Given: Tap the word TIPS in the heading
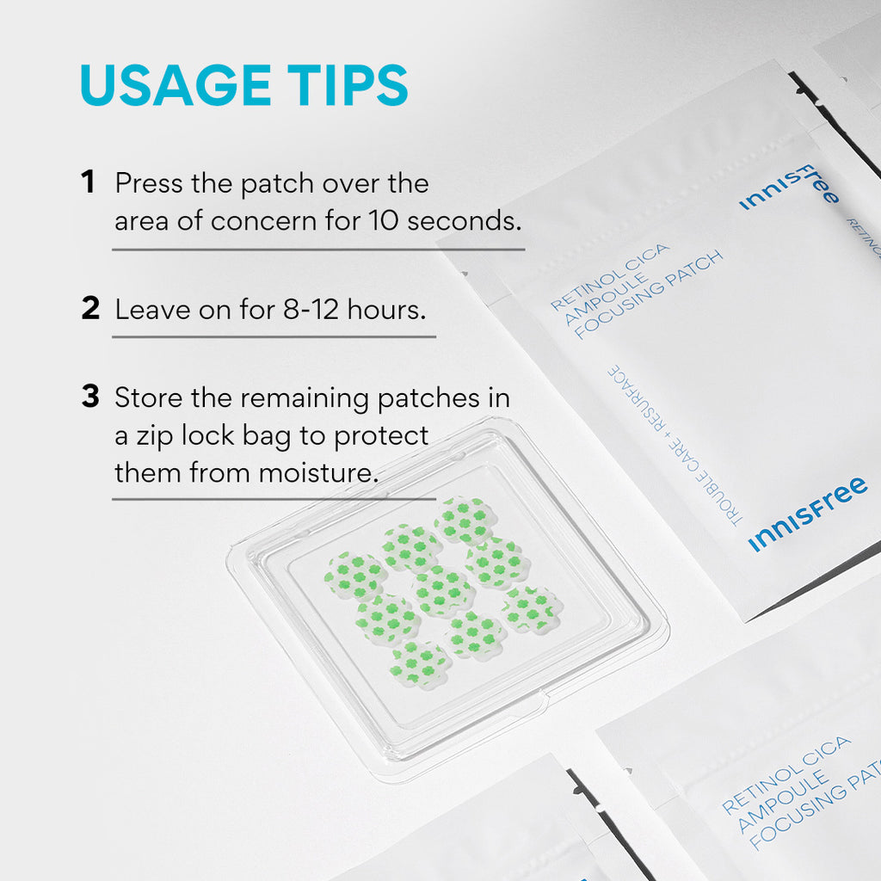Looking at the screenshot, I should click(351, 85).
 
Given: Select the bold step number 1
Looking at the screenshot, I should click(87, 182).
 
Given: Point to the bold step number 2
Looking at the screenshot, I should click(90, 309).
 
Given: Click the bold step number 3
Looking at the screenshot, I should click(90, 397).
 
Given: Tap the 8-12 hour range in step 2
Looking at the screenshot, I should click(311, 309).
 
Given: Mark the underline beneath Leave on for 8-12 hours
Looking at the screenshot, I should click(274, 336).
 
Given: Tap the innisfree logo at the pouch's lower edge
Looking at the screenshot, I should click(807, 514).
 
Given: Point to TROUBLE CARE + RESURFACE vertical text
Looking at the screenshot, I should click(673, 445).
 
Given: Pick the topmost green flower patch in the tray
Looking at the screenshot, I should click(464, 519).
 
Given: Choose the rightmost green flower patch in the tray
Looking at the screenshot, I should click(532, 609).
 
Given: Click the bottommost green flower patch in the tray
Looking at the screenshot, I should click(419, 663).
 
